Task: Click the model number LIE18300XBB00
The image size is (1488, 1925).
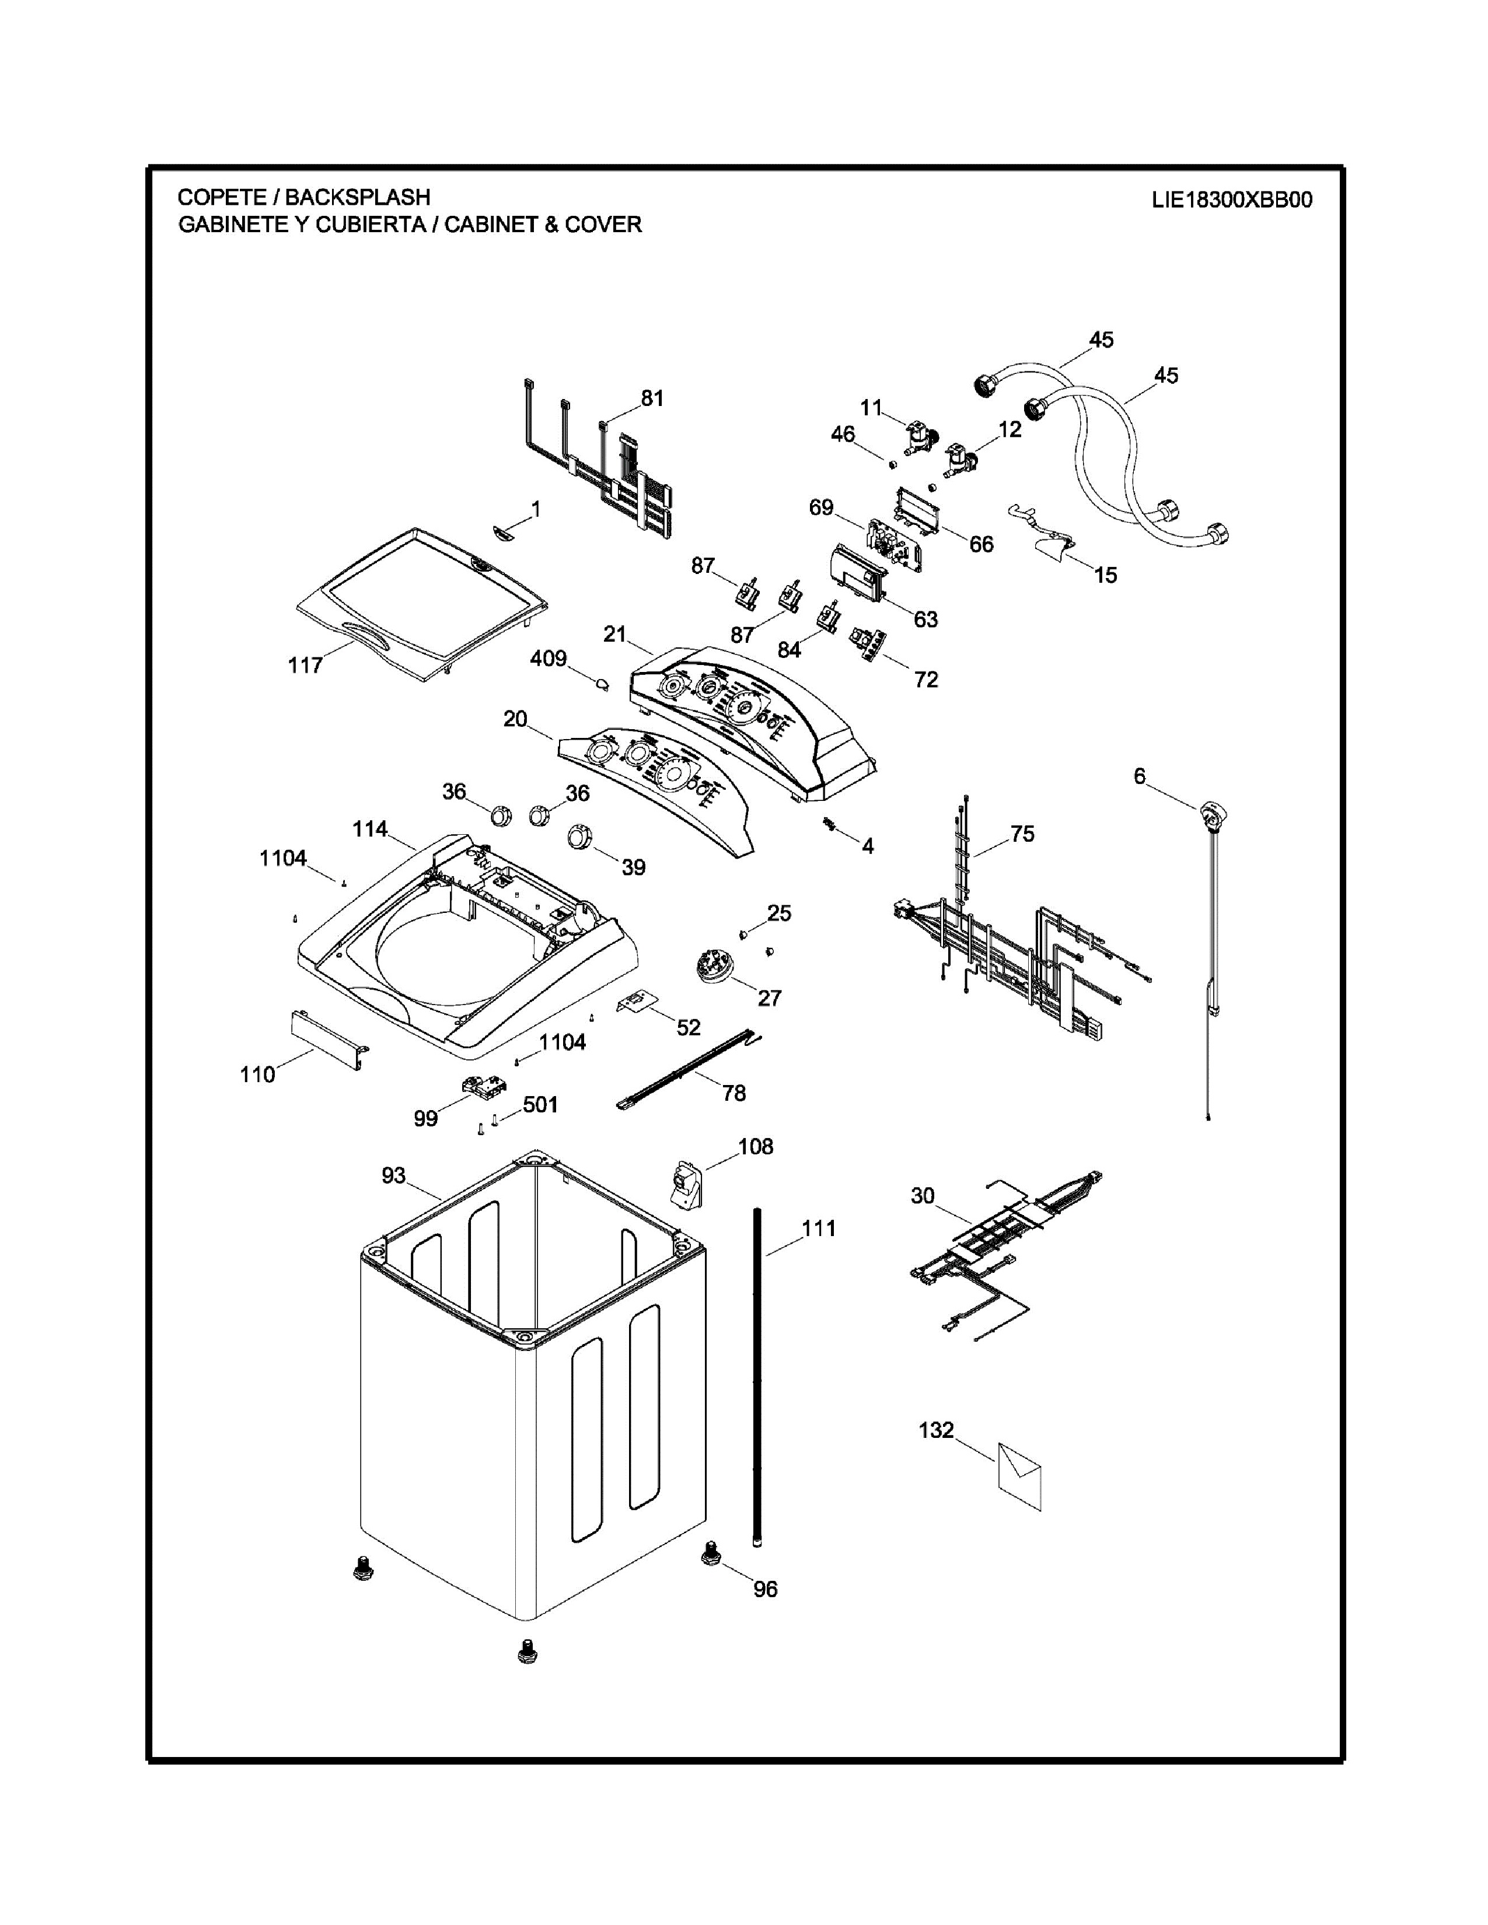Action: (1231, 200)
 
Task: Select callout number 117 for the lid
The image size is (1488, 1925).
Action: (305, 666)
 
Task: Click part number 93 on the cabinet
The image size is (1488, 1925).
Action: (393, 1176)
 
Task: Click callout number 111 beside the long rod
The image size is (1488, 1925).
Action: (819, 1228)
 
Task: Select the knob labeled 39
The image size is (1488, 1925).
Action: (581, 835)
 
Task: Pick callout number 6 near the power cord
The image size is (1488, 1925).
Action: (1140, 776)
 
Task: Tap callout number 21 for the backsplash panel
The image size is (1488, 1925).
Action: (614, 633)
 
